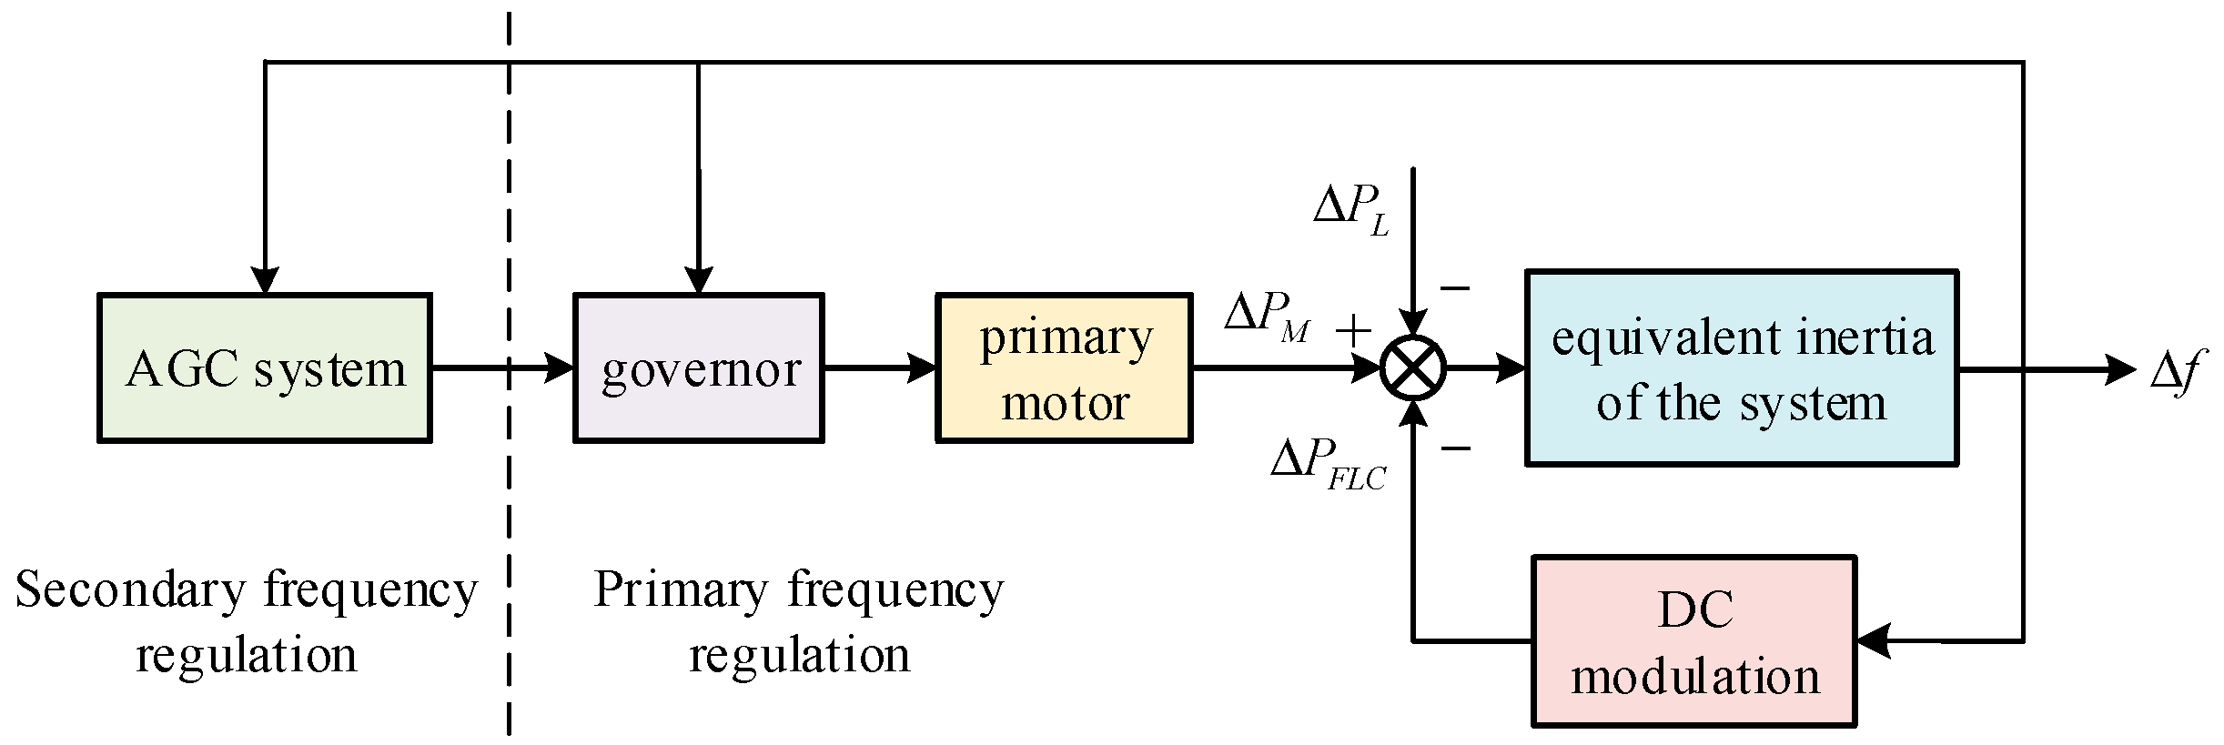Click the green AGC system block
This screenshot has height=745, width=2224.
[x=264, y=367]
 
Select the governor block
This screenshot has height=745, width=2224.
[x=698, y=367]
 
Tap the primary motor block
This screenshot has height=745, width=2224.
[x=1064, y=367]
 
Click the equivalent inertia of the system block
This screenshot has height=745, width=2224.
[x=1741, y=367]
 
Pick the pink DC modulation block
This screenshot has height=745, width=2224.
[x=1693, y=641]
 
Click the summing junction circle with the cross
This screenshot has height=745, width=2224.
[x=1413, y=367]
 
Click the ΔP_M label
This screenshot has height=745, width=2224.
[x=1267, y=317]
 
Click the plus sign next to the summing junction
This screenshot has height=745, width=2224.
[x=1353, y=329]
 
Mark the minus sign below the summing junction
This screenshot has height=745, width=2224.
[x=1456, y=448]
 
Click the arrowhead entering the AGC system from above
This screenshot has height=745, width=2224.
[x=265, y=280]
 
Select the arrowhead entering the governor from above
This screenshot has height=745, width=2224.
[x=698, y=280]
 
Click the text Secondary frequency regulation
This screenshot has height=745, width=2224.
[x=246, y=621]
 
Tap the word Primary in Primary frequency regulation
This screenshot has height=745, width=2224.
[x=681, y=589]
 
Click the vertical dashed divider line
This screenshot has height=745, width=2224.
[x=509, y=509]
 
